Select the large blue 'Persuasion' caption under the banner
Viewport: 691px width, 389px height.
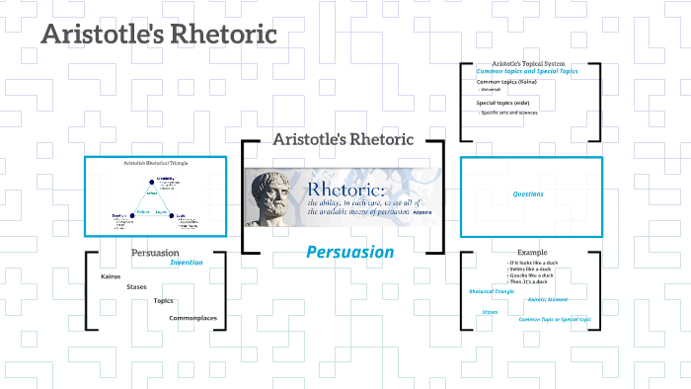pos(349,252)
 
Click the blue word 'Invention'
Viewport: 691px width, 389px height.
pos(187,263)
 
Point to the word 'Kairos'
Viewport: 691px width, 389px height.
pos(111,276)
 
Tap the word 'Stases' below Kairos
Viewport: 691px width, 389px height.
pos(136,287)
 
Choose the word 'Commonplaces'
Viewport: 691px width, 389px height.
pos(192,317)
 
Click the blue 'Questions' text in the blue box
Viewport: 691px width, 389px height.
pos(528,194)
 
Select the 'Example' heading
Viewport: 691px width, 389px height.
pos(530,253)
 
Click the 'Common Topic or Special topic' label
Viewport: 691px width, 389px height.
pos(555,319)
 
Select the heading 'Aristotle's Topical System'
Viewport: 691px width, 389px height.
pos(528,63)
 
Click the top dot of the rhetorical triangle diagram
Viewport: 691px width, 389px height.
pos(155,179)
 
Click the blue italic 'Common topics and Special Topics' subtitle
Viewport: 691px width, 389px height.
pos(528,71)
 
